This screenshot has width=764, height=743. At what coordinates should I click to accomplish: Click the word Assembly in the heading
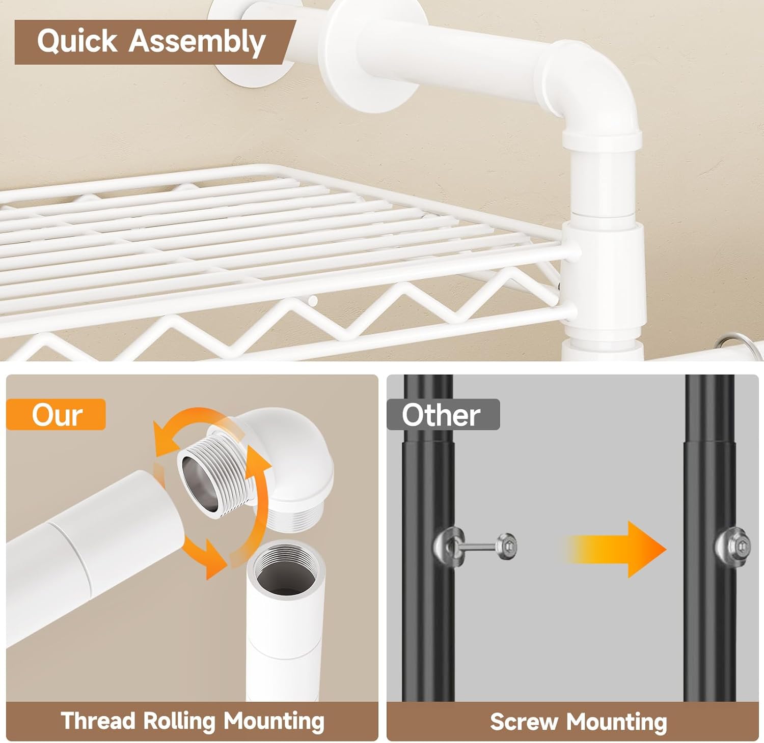click(x=197, y=42)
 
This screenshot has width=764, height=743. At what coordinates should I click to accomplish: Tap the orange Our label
click(x=57, y=415)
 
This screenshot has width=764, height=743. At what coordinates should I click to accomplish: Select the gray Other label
click(x=441, y=415)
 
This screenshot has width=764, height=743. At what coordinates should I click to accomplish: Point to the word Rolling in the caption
click(x=179, y=722)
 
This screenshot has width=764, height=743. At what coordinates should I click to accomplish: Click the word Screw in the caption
click(x=524, y=722)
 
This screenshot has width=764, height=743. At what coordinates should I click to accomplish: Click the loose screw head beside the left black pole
click(x=506, y=547)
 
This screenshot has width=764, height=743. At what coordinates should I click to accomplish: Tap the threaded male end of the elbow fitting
click(x=217, y=475)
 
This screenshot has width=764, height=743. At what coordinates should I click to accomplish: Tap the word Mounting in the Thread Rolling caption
click(x=274, y=722)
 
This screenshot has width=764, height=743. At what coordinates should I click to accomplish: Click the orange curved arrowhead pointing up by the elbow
click(x=260, y=461)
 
